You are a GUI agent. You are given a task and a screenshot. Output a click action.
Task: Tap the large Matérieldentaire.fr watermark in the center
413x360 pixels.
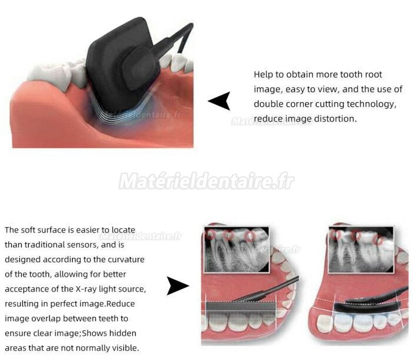(x=206, y=181)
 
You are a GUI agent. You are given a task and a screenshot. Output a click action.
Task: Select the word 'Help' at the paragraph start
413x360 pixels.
(x=263, y=74)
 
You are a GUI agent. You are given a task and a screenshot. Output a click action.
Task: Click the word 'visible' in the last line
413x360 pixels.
(x=124, y=348)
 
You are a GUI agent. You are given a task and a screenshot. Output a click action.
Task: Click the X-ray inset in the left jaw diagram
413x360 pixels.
(x=237, y=250)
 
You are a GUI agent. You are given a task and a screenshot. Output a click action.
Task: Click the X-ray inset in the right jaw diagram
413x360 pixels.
(x=361, y=250)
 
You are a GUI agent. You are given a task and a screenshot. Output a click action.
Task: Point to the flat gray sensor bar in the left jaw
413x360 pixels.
(x=240, y=307)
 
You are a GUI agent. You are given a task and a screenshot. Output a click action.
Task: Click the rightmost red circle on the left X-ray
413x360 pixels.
(x=250, y=237)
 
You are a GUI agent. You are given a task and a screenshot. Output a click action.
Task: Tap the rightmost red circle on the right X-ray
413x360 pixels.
(x=379, y=240)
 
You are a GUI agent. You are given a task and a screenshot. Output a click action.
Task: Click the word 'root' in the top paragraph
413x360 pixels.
(x=373, y=74)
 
